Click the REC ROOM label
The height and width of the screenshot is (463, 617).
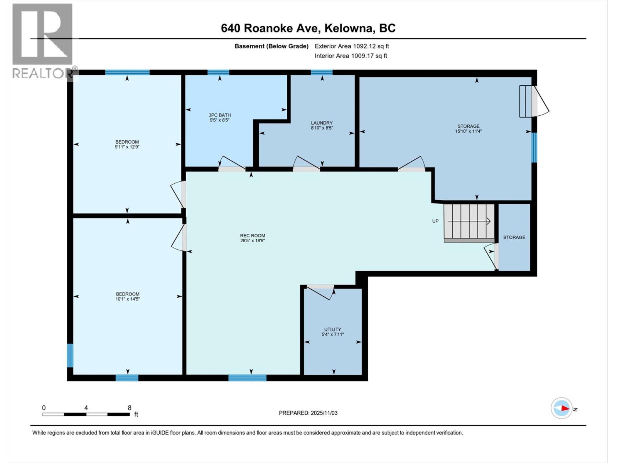(x=253, y=235)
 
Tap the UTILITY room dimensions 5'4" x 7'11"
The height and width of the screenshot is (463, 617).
(x=332, y=335)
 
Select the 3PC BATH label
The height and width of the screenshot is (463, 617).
(x=219, y=115)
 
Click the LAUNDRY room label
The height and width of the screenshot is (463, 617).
(x=322, y=123)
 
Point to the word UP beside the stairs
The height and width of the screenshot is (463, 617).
(x=435, y=221)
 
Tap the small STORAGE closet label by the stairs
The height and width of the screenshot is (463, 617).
(x=514, y=237)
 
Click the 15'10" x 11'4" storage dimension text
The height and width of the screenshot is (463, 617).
(x=469, y=131)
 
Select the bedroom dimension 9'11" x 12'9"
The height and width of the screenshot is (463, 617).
(x=127, y=147)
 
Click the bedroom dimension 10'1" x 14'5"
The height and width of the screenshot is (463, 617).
(x=128, y=299)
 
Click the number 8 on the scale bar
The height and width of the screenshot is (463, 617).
(x=130, y=408)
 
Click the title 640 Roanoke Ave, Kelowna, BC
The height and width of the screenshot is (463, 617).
(x=308, y=28)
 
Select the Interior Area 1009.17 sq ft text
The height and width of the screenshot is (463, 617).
(x=351, y=56)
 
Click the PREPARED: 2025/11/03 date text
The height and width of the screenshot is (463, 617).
(x=308, y=413)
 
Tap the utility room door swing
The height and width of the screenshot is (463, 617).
(x=321, y=292)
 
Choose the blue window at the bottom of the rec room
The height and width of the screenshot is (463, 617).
(x=247, y=378)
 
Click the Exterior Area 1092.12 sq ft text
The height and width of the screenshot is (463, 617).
(x=352, y=46)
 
